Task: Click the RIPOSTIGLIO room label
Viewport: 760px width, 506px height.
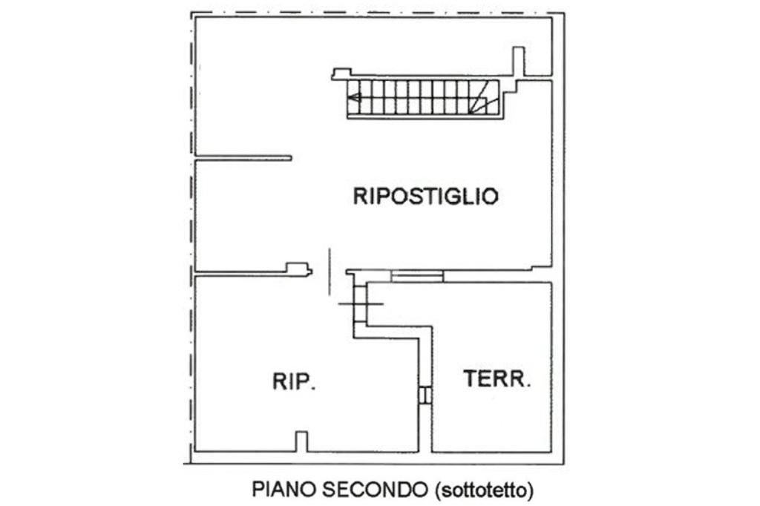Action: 425,197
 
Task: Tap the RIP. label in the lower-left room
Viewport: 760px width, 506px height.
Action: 295,382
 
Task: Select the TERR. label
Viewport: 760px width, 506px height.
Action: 497,379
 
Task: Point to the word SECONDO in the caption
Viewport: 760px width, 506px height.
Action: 376,490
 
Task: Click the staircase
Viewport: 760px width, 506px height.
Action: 423,98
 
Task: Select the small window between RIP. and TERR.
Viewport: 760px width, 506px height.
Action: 425,395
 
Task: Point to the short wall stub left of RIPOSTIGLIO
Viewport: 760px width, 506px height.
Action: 243,157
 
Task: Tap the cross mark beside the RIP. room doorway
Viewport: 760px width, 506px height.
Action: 361,303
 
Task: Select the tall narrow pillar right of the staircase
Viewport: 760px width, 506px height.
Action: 518,62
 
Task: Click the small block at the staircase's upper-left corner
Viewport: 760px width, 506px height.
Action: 341,73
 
